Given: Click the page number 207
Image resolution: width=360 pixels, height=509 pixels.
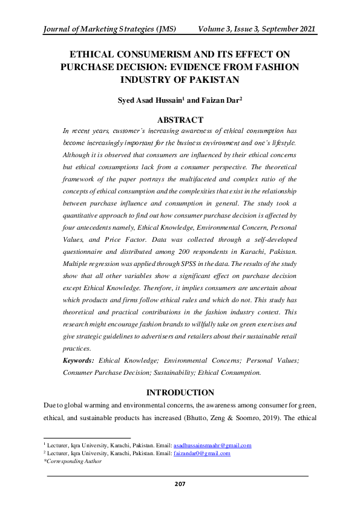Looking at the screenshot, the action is (180, 484).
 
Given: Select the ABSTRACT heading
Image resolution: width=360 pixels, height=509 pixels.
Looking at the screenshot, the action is (180, 119).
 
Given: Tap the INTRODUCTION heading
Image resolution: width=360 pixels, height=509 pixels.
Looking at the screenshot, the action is (180, 392).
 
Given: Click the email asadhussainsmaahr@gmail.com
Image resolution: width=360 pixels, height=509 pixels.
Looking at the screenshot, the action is (212, 445).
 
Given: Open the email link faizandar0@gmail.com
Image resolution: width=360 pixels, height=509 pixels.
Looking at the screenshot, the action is (201, 453).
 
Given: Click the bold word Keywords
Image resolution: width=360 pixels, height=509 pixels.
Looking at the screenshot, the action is (79, 360).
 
